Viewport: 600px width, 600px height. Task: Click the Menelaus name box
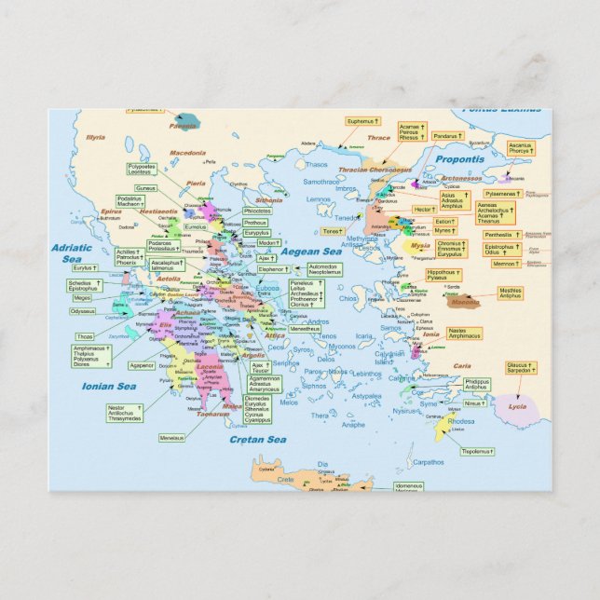(170, 437)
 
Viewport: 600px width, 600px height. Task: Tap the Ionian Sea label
(109, 386)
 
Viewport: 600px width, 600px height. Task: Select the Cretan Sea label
(258, 439)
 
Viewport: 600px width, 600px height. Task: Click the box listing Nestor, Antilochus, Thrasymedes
(125, 413)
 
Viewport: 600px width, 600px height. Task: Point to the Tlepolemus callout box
(477, 451)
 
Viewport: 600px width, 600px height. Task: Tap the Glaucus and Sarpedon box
(521, 368)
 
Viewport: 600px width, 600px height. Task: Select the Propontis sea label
(459, 159)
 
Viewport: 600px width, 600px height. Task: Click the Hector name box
(424, 210)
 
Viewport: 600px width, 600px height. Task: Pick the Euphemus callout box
(362, 121)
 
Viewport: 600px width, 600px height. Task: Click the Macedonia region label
(187, 152)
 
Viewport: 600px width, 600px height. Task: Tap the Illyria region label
(95, 137)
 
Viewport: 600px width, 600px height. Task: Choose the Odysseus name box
(82, 311)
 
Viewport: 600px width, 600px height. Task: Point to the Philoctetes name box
(257, 211)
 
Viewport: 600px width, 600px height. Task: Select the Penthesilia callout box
(498, 235)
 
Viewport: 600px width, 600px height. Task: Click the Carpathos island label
(428, 462)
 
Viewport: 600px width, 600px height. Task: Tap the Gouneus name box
(145, 188)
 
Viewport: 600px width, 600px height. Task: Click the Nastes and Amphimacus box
(464, 333)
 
